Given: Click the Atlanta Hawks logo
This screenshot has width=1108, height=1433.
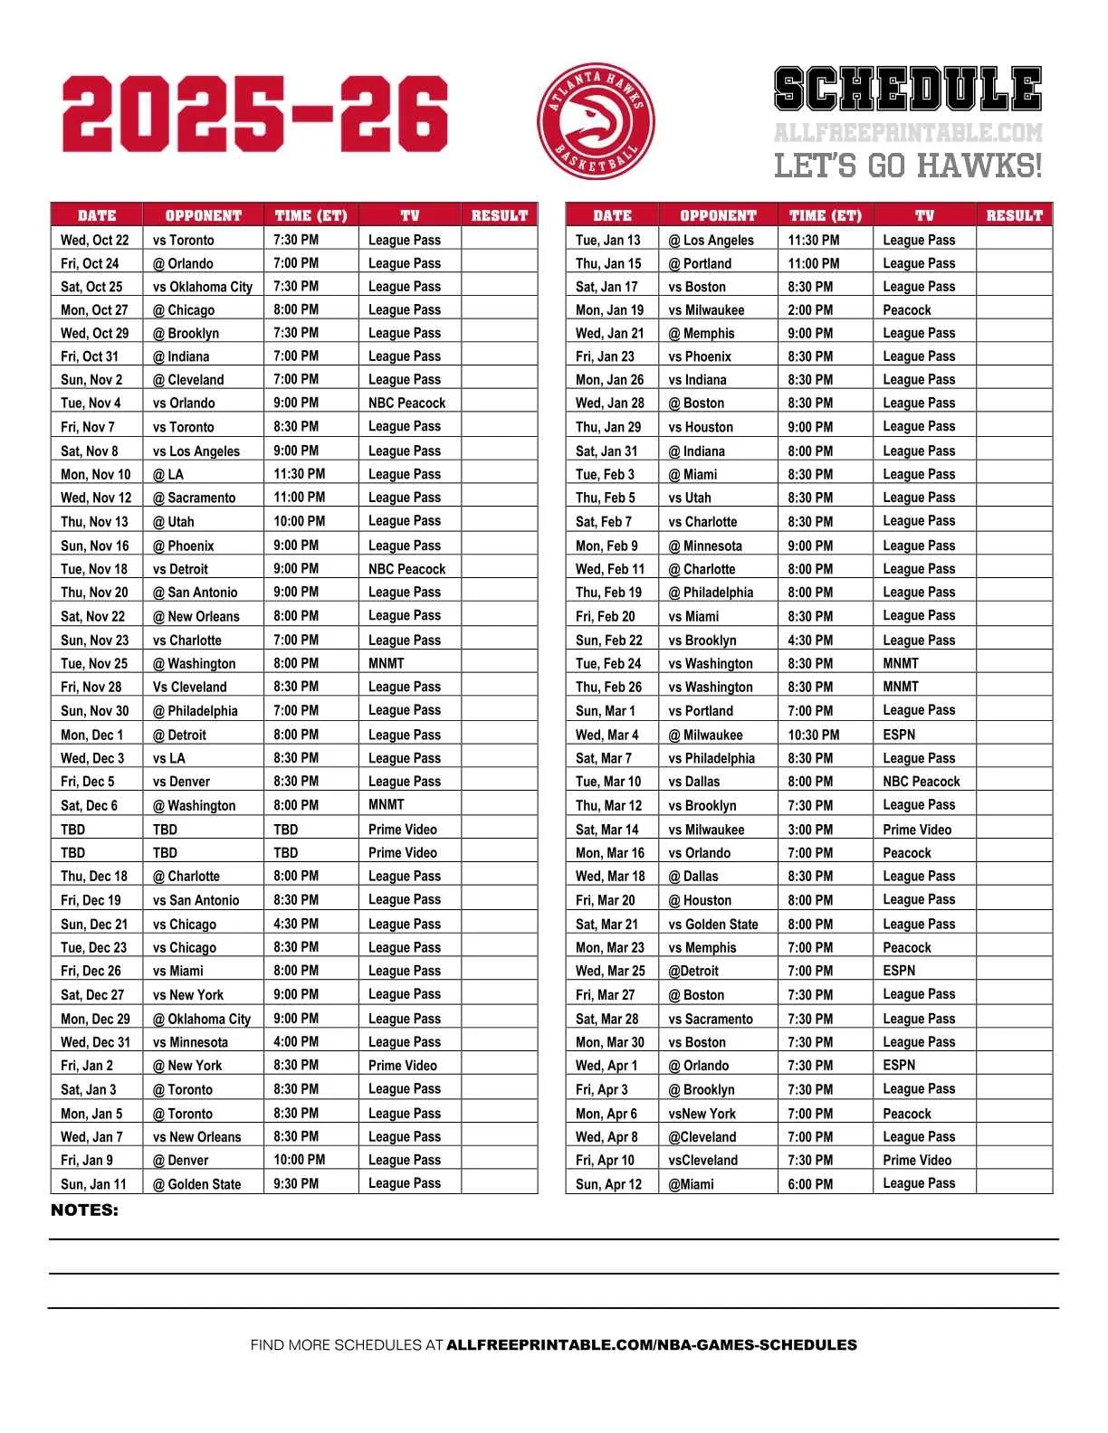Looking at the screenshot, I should coord(596,120).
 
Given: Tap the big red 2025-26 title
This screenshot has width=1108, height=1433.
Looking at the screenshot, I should coord(255,115).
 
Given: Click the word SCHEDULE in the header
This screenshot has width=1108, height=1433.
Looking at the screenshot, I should coord(908,90).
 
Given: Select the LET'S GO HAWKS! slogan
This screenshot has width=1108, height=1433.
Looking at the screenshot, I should coord(908,166).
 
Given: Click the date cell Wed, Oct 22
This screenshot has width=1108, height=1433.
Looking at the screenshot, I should coord(95,240).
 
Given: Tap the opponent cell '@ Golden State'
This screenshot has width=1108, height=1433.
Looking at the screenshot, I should coord(196,1184).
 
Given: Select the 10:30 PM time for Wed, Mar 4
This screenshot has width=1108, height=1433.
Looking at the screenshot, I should coord(813,735).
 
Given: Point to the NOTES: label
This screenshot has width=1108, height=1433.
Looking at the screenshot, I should coord(84,1210).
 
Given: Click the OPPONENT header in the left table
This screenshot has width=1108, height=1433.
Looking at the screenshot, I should coord(203,215).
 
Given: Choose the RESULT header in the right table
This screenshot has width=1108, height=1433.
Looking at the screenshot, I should coord(1014,215).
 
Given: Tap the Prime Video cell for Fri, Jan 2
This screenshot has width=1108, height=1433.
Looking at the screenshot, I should coord(403,1066).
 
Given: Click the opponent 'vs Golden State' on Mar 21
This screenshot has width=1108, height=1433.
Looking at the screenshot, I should coord(713,924).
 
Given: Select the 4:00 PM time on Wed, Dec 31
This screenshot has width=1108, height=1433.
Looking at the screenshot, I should coord(296,1042).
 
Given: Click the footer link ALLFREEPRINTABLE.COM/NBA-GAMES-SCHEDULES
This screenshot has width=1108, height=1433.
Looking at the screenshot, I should coord(652,1345).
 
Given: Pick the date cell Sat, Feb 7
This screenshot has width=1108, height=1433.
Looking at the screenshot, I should coord(604,522).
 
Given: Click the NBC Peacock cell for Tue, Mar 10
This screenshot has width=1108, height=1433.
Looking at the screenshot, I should coord(922,782).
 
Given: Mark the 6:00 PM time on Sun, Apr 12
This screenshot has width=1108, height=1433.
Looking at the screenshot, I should coord(810,1184).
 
